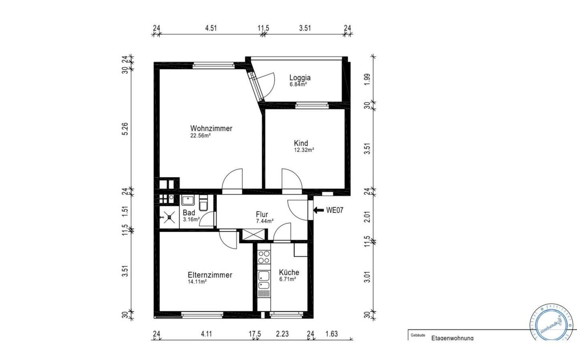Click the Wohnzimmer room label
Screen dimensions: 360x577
(211, 128)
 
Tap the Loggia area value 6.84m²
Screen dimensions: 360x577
(298, 85)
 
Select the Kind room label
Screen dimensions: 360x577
(301, 143)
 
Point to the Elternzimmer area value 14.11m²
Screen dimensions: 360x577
(197, 282)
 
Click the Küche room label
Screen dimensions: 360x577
(289, 272)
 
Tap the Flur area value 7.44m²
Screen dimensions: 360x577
(264, 221)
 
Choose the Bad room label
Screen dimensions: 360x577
(189, 212)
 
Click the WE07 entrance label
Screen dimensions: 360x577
(335, 210)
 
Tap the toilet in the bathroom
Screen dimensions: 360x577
(204, 203)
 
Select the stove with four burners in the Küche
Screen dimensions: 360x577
(264, 257)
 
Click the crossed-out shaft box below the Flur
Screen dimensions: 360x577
(254, 235)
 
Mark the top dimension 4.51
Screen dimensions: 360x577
(211, 28)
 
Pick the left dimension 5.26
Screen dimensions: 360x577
(125, 129)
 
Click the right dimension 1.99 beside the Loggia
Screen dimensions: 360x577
(367, 79)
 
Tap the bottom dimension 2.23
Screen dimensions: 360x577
(282, 334)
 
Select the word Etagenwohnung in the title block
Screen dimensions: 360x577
(452, 338)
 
